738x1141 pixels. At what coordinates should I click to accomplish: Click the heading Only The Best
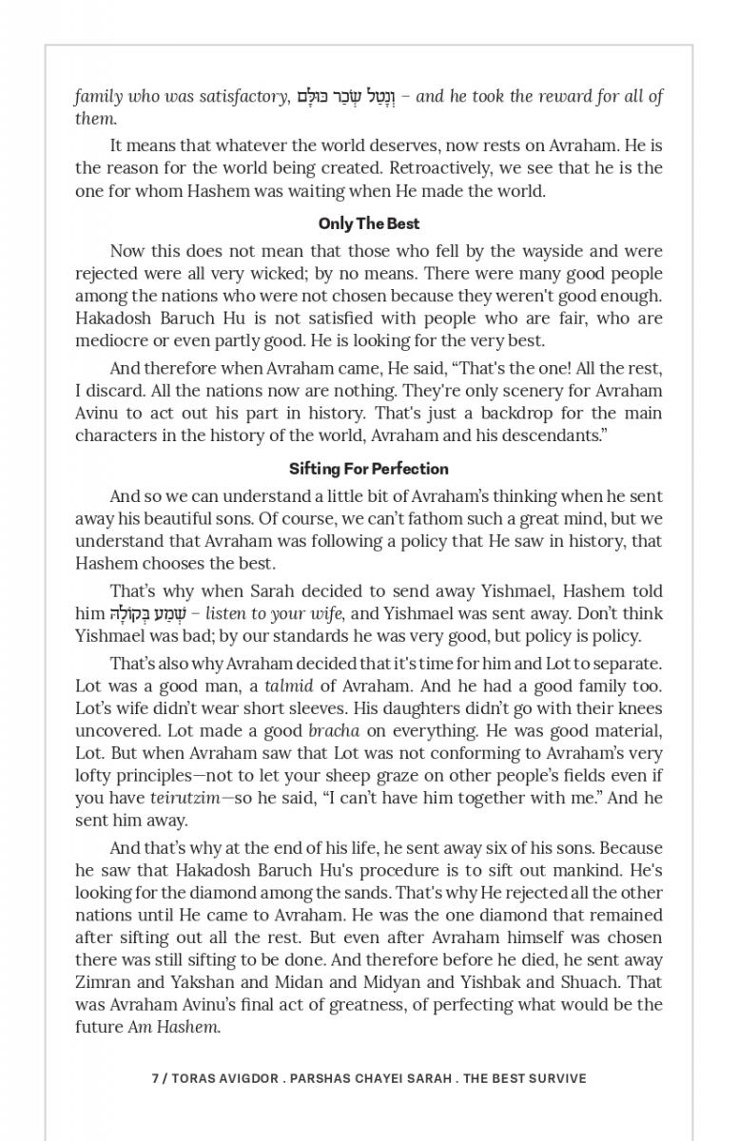click(x=369, y=224)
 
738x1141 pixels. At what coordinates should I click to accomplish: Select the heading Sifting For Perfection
click(x=369, y=469)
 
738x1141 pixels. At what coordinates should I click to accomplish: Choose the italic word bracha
click(x=334, y=731)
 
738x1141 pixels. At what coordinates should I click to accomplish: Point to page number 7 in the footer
click(x=155, y=1079)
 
